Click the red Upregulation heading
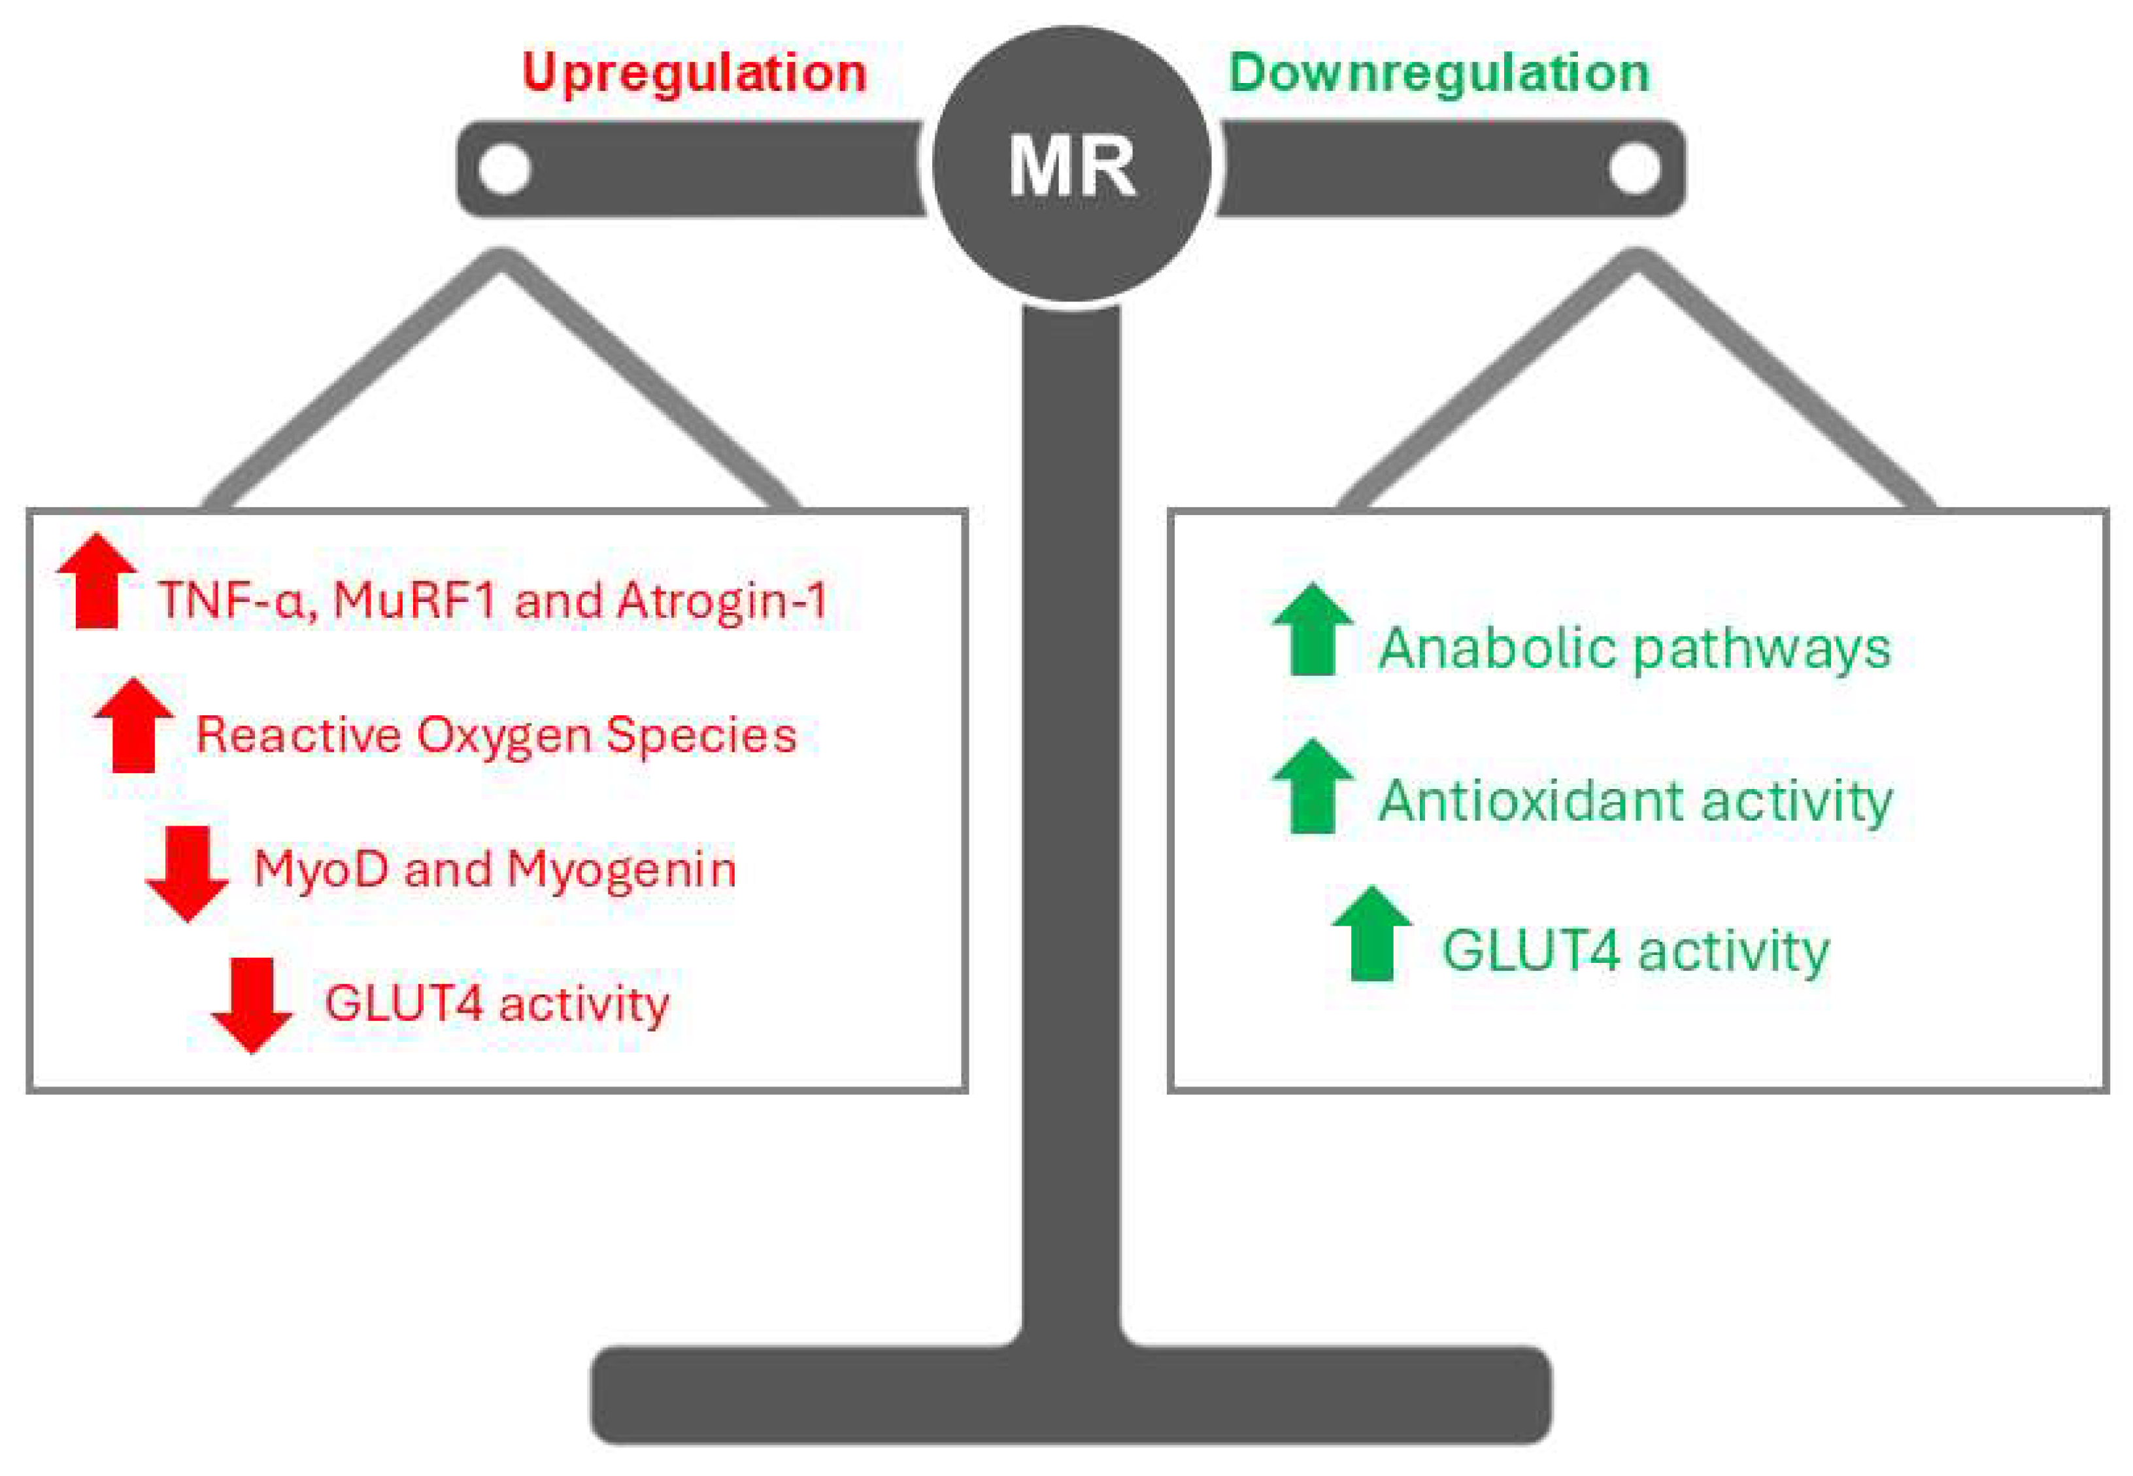click(694, 73)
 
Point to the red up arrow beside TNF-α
click(97, 580)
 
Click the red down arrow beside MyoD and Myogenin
click(188, 873)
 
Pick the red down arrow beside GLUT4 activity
click(252, 1005)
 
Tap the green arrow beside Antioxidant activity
click(1313, 786)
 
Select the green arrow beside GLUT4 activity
click(1372, 934)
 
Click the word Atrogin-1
click(721, 601)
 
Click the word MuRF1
click(416, 601)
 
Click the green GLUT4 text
click(1530, 950)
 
